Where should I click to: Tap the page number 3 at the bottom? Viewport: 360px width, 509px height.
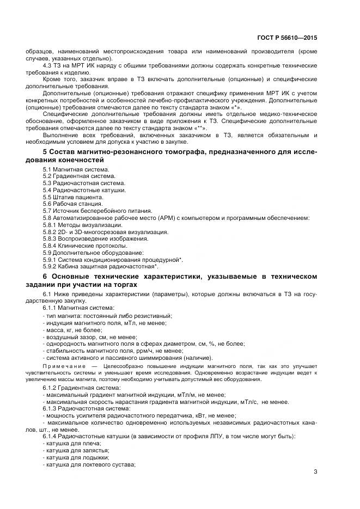[315, 471]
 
